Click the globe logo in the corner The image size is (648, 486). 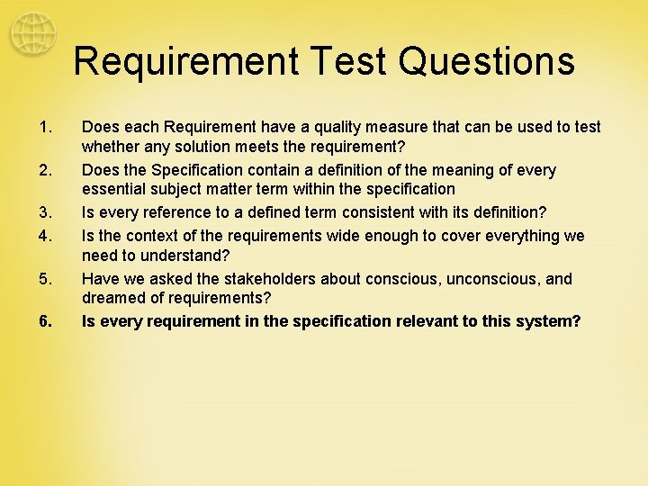32,34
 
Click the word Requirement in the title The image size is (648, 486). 184,61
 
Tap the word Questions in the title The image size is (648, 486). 486,61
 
